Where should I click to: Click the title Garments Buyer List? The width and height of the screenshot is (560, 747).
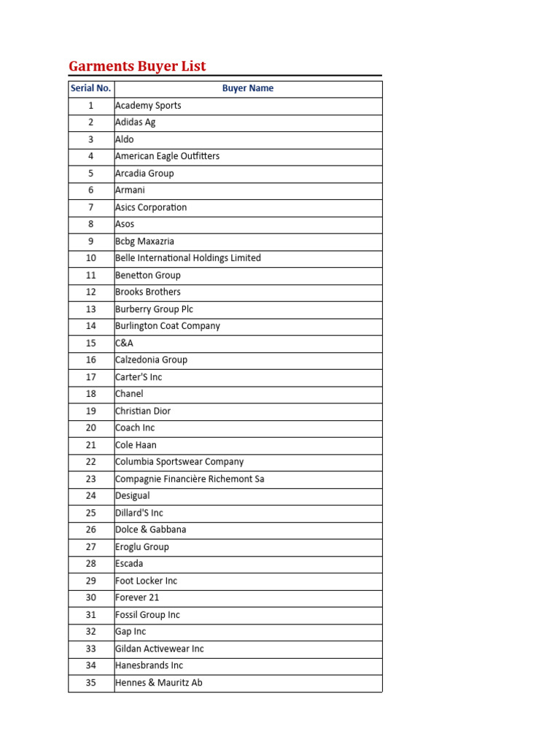[137, 66]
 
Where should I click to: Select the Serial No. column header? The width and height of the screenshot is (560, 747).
[90, 88]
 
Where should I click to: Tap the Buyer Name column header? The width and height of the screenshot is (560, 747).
[248, 88]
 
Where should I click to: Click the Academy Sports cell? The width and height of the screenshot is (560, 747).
[148, 105]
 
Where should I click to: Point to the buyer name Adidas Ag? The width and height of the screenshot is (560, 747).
[136, 123]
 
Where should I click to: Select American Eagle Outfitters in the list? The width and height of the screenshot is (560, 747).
[167, 156]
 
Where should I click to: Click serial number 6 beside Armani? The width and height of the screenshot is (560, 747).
[91, 190]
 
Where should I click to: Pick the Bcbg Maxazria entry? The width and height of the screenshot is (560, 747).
[144, 241]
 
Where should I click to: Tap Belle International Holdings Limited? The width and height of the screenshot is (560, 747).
[187, 258]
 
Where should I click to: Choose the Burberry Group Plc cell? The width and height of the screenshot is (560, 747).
[154, 309]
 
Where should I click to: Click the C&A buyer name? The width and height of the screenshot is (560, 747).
[124, 343]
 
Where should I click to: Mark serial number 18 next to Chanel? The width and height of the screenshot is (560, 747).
[91, 394]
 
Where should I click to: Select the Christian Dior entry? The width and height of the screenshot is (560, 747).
[143, 411]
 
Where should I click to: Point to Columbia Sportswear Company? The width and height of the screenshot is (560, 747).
[179, 462]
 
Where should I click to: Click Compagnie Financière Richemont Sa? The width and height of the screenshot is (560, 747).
[190, 479]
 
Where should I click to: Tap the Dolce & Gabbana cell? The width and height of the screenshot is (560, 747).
[150, 530]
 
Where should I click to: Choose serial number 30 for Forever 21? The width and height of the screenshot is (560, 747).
[91, 597]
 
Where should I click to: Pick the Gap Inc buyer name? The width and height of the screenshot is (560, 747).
[131, 632]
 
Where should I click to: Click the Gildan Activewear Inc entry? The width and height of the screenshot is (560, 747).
[160, 649]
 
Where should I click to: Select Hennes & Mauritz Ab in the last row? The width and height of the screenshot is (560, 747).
[159, 683]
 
